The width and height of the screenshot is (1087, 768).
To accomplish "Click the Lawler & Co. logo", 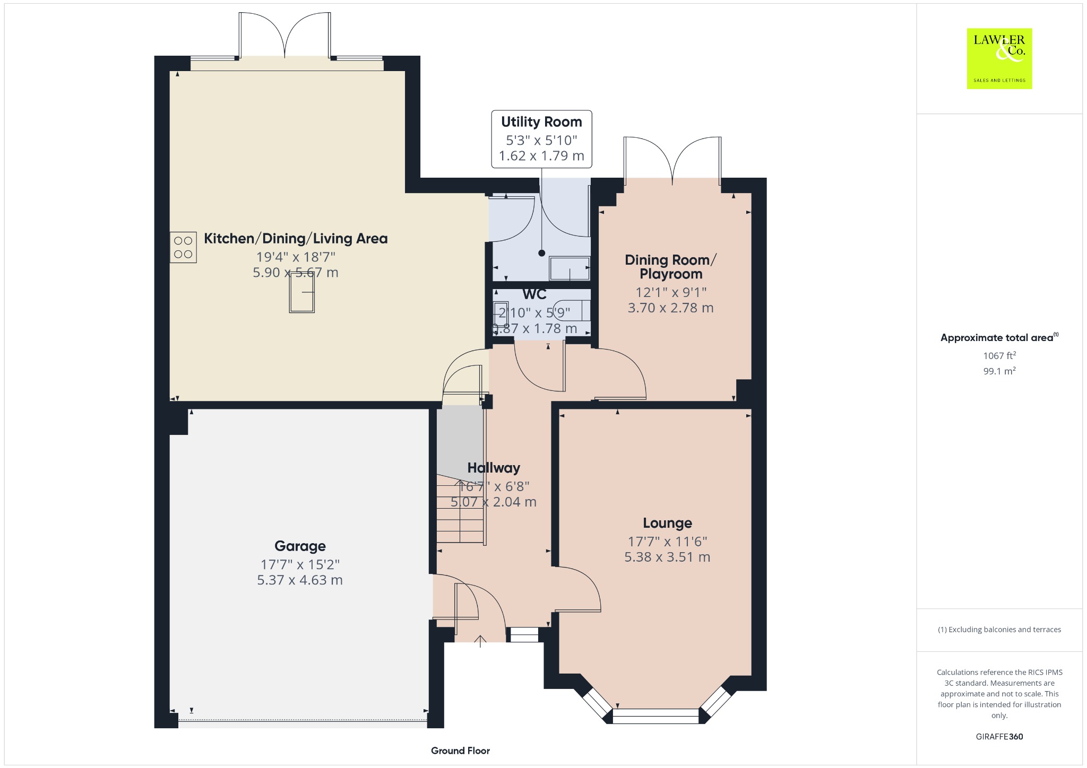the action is tap(999, 58).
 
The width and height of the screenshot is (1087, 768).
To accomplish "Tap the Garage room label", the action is tap(300, 546).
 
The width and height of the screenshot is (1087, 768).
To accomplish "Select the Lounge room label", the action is tap(667, 523).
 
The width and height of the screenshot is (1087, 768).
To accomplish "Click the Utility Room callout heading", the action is tap(541, 122).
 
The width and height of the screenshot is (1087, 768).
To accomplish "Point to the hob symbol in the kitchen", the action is tap(183, 248).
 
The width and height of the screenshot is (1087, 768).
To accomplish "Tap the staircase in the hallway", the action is tap(461, 509).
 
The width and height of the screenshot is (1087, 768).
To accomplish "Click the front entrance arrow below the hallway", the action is tap(480, 641).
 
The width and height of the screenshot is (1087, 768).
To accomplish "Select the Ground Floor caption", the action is tap(460, 750).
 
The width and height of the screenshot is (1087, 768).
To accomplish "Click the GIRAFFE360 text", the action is tap(999, 737).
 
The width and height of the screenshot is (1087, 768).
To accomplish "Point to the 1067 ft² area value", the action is tap(999, 356).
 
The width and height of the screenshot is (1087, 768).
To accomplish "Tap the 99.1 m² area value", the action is tap(999, 371).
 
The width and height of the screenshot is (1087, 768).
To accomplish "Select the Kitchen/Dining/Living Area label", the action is tap(296, 239).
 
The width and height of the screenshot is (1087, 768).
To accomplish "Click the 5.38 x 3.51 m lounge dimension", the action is tap(667, 557).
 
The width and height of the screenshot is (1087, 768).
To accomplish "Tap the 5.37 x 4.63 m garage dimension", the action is tap(300, 580).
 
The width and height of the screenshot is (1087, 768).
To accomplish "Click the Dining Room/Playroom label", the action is tap(671, 267).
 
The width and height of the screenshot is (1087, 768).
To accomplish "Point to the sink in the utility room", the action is tap(570, 268).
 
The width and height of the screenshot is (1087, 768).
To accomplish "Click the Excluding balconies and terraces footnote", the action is tap(999, 630).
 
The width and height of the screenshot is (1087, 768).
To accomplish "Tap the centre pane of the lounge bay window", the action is tap(655, 716).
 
